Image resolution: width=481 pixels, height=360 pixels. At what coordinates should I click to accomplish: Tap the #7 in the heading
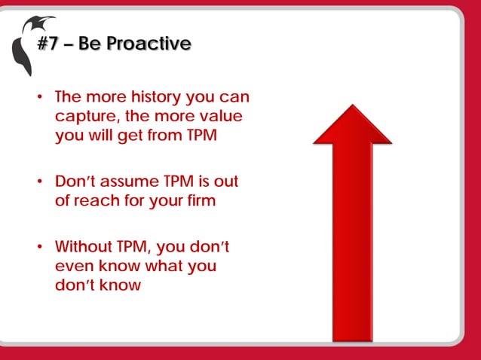pyautogui.click(x=49, y=44)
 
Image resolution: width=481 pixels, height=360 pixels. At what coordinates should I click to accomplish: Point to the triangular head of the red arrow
pyautogui.click(x=352, y=125)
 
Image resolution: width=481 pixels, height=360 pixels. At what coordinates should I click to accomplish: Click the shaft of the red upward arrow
pyautogui.click(x=352, y=241)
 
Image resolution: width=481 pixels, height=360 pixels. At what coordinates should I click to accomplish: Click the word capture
pyautogui.click(x=84, y=117)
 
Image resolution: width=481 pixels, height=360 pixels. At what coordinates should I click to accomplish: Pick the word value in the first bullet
pyautogui.click(x=222, y=117)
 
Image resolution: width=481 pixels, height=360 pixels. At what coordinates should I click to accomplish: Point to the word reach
pyautogui.click(x=99, y=202)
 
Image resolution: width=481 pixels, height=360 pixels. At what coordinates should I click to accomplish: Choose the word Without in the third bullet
pyautogui.click(x=83, y=247)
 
